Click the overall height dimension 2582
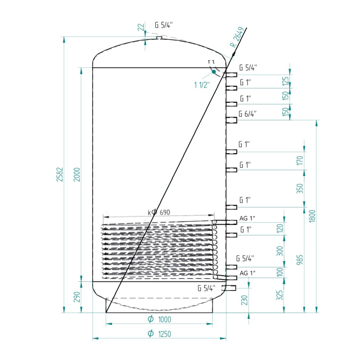pos(60,174)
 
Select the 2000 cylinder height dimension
pos(77,174)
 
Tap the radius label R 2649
pos(238,37)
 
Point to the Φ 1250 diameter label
pos(159,333)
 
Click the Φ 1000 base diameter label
pos(159,319)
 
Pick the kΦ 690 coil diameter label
pos(159,212)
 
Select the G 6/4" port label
pos(247,114)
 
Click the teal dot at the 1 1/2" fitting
pos(214,71)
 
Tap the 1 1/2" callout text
pos(202,85)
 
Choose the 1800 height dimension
pos(313,216)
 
